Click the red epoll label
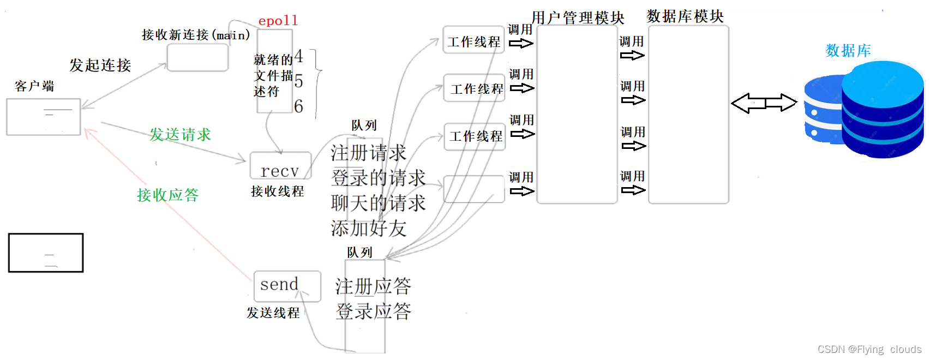tap(278, 21)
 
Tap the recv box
tap(280, 166)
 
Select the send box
tap(287, 286)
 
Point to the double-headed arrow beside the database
tap(764, 103)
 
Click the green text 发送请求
tap(180, 135)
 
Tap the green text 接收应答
tap(167, 195)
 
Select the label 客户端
tap(34, 86)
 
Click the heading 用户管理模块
tap(578, 17)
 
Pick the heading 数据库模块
tap(685, 16)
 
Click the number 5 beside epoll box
tap(298, 82)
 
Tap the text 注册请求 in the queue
tap(369, 153)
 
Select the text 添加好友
tap(369, 228)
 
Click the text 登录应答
tap(373, 311)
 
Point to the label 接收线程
tap(277, 191)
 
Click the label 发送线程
tap(273, 313)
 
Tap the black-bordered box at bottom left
tap(46, 253)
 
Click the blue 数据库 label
tap(848, 51)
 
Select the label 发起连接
tap(100, 65)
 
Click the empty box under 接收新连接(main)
tap(197, 57)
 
